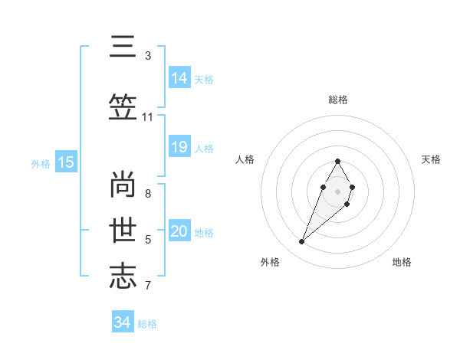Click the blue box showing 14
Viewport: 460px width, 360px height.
179,77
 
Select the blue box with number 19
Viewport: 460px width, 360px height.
179,147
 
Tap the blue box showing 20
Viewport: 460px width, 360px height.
179,231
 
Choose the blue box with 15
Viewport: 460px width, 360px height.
66,162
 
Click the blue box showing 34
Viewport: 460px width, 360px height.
122,322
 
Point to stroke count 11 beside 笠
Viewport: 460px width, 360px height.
148,116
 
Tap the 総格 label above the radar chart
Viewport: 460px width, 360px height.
337,100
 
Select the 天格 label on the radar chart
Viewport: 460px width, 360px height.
432,159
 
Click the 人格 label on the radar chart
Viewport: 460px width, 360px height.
245,159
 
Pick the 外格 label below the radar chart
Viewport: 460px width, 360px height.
269,262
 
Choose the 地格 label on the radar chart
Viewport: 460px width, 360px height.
402,262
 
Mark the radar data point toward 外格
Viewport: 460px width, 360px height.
301,242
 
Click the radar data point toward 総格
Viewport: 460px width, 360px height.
337,161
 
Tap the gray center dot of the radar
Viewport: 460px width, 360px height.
337,191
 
